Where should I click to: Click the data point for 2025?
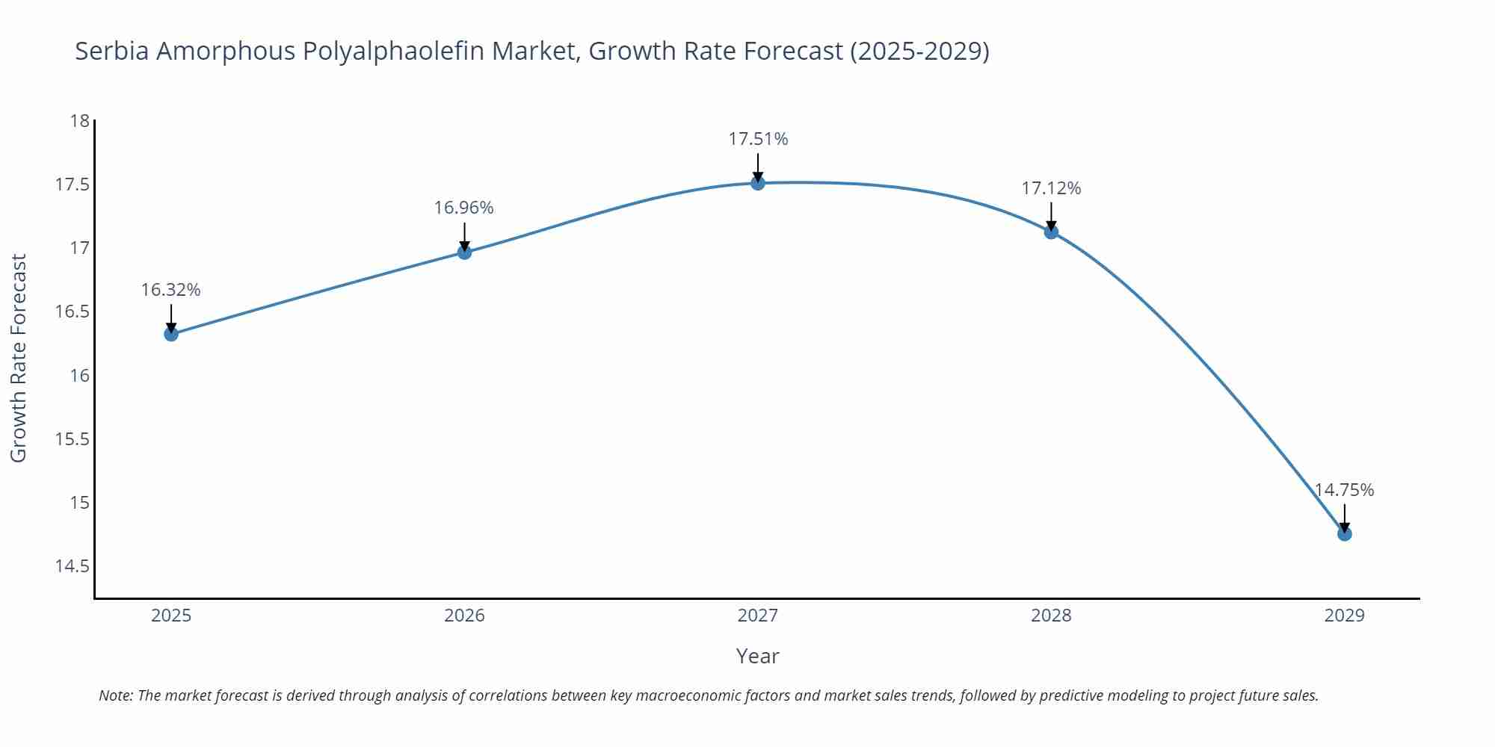[x=171, y=334]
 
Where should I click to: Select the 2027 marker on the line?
[x=758, y=183]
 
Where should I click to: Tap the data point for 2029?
[x=1344, y=534]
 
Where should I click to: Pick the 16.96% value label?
[x=464, y=208]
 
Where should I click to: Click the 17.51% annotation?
[x=758, y=139]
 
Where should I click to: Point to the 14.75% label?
[x=1344, y=490]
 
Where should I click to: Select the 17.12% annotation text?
[x=1051, y=188]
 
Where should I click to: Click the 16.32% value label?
[x=171, y=290]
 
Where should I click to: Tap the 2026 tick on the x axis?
[x=464, y=616]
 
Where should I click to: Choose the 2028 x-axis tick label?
[x=1051, y=616]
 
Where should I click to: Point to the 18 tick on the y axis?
[x=79, y=121]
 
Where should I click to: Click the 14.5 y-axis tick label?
[x=72, y=566]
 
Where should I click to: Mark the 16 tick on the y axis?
[x=79, y=375]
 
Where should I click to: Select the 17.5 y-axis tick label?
[x=72, y=185]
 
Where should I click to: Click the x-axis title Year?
[x=757, y=656]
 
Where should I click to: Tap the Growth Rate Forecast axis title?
[x=18, y=358]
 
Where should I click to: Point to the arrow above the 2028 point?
[x=1051, y=217]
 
